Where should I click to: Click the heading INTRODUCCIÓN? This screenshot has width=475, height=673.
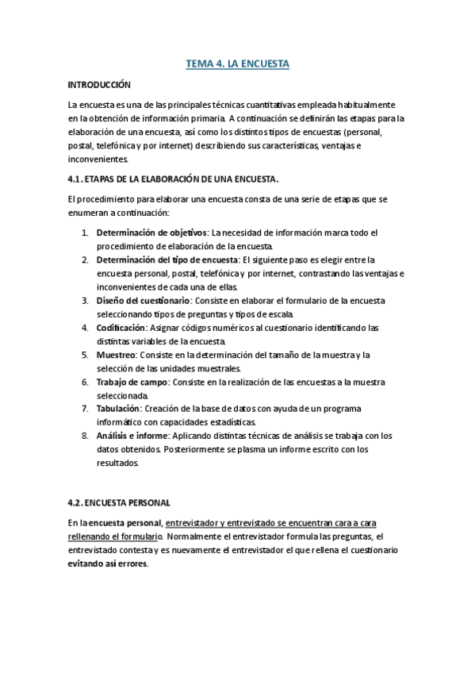[x=99, y=84]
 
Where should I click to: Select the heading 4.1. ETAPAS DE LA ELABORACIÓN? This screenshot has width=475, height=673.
[x=174, y=179]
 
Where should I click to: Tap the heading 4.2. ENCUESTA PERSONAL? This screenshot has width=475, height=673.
[x=120, y=502]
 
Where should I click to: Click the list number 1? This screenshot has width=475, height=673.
[x=85, y=233]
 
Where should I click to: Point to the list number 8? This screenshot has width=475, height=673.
[x=85, y=436]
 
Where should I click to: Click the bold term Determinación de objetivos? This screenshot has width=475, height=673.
[x=151, y=233]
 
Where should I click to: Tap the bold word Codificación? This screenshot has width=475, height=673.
[x=121, y=328]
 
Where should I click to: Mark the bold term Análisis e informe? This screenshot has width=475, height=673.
[x=132, y=436]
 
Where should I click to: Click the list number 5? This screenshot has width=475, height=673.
[x=85, y=355]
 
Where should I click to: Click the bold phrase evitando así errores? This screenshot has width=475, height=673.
[x=108, y=565]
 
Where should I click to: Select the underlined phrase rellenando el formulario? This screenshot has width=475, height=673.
[x=116, y=536]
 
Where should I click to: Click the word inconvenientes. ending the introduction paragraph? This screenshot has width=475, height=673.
[x=94, y=159]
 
